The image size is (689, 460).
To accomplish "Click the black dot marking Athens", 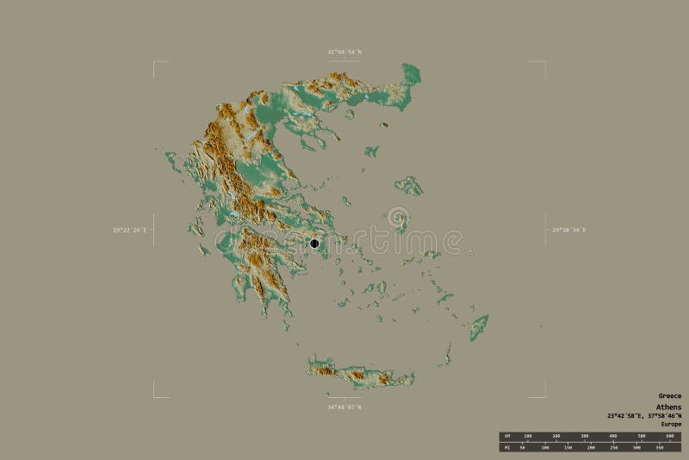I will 315,244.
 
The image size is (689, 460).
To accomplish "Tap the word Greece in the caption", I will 669,396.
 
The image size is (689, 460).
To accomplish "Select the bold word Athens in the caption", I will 668,407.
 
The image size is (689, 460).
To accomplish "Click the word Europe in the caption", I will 670,425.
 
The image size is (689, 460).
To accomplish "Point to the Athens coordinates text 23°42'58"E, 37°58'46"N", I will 643,416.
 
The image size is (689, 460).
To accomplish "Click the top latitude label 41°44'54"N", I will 344,53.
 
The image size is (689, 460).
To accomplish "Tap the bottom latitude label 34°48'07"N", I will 344,407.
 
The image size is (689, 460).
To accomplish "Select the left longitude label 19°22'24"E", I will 130,230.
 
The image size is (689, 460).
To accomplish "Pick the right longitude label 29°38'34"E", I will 569,230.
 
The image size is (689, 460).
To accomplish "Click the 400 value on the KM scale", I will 613,436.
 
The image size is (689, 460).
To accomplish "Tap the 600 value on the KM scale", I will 669,436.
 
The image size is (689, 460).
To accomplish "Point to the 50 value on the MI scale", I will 522,448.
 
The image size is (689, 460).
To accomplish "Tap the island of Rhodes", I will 478,326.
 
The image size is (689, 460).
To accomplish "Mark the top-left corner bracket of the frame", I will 155,63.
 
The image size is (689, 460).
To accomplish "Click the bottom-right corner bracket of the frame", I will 544,396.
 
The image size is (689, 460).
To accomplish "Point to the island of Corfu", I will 171,159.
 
